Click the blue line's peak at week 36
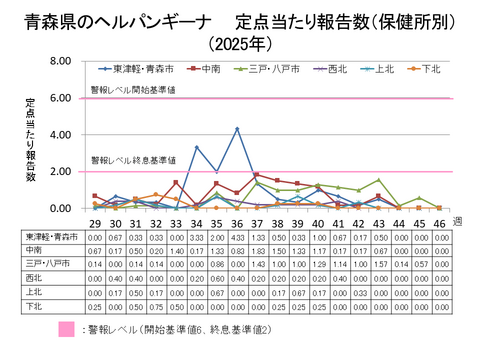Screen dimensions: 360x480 click(237, 129)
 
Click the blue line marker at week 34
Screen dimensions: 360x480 click(196, 147)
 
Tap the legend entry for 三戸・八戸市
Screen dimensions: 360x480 click(263, 69)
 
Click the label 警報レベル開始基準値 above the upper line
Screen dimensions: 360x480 click(135, 90)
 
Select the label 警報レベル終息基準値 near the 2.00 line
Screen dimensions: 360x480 click(135, 160)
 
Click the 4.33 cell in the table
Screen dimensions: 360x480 click(237, 238)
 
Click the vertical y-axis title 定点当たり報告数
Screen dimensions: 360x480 click(31, 140)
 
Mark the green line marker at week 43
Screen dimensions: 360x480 click(378, 180)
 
